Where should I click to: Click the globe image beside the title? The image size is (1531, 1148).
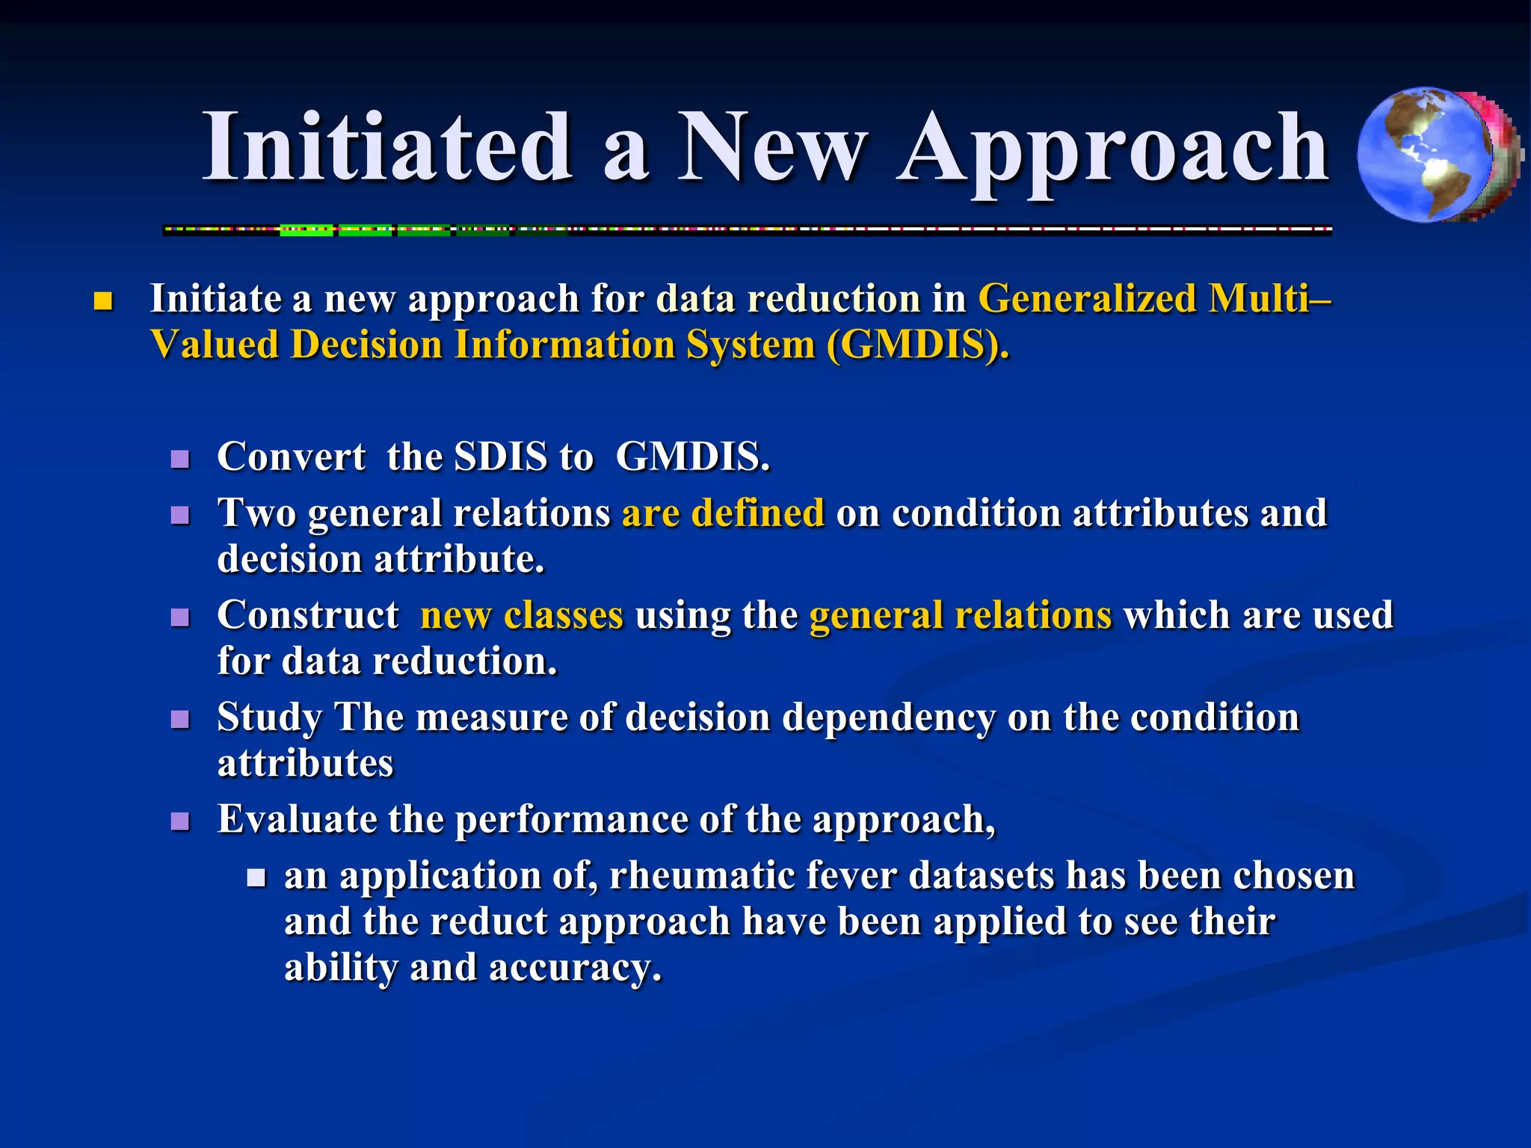tap(1435, 155)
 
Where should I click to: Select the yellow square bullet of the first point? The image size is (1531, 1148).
tap(103, 303)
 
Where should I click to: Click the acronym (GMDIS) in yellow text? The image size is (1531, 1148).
tap(917, 346)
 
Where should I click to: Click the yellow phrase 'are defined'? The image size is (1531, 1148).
tap(723, 513)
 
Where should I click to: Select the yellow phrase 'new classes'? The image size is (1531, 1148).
tap(522, 616)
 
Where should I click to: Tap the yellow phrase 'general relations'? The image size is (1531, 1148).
tap(961, 616)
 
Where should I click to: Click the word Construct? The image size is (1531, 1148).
tap(308, 616)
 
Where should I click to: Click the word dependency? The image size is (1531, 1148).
tap(889, 718)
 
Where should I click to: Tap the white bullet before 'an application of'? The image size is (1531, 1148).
tap(256, 877)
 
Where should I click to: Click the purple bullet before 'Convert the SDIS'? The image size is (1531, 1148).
tap(180, 458)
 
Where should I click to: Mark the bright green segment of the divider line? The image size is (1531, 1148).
tap(306, 231)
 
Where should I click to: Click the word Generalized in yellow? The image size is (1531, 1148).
tap(1087, 299)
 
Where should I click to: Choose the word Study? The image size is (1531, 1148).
tap(270, 718)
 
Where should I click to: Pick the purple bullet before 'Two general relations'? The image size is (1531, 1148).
tap(180, 515)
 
